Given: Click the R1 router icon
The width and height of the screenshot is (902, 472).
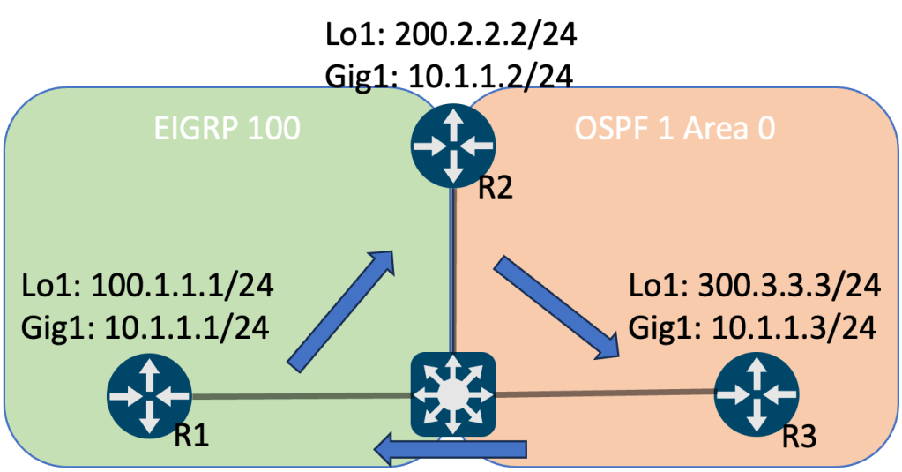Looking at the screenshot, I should point(149,396).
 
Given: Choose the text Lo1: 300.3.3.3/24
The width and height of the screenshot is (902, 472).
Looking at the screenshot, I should point(754,288).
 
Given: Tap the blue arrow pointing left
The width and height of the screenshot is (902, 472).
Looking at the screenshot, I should point(450,453).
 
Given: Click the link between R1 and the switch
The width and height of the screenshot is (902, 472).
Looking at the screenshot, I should point(300,396).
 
